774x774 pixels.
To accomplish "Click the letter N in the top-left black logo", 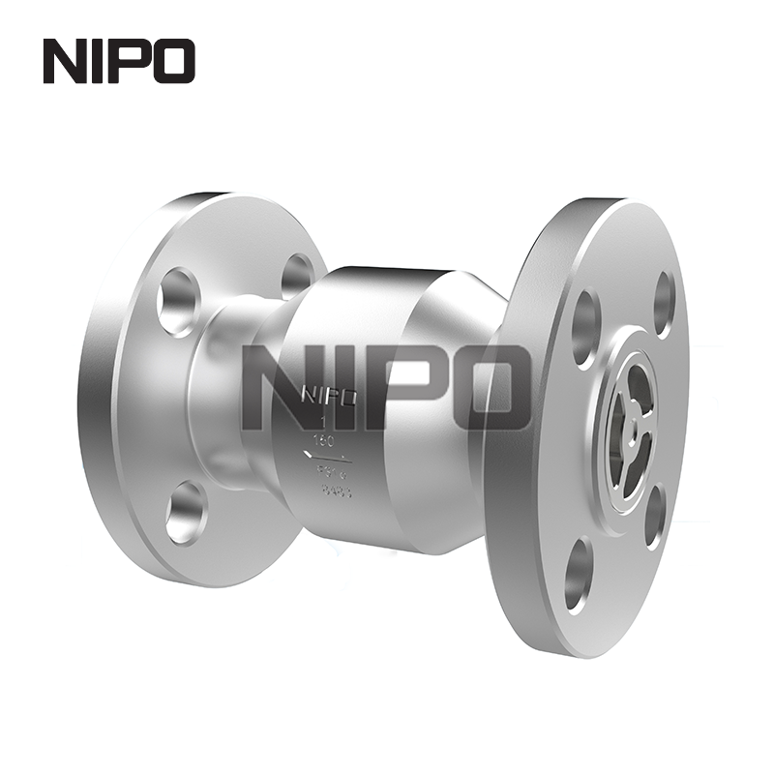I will (64, 60).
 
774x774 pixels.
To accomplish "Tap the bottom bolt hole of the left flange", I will (185, 511).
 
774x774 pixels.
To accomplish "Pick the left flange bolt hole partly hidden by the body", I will (297, 273).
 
